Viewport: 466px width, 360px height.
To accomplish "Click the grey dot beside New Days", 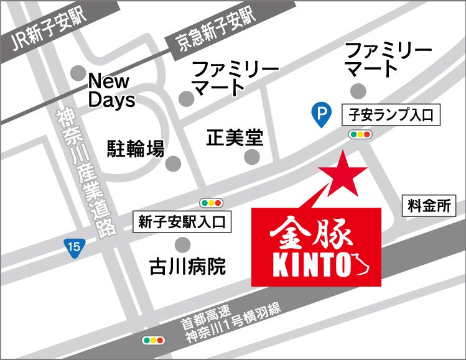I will [x=78, y=72].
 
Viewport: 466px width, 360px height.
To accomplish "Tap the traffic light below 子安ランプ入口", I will [x=360, y=134].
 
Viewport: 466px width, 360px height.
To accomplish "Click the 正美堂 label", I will [x=235, y=137].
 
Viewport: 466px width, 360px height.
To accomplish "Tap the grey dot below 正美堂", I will [x=251, y=157].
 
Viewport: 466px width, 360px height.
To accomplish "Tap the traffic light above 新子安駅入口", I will [x=211, y=203].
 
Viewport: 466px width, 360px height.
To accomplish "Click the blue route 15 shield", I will [x=74, y=247].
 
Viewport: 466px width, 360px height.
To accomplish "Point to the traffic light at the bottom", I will [x=153, y=340].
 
